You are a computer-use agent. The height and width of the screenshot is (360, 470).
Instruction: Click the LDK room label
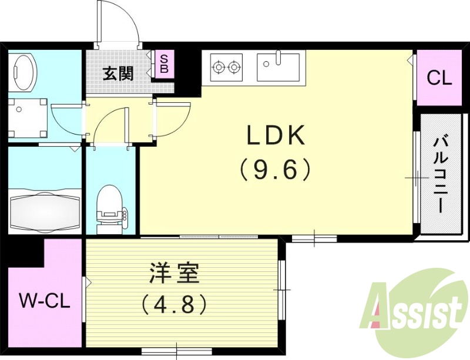(276, 136)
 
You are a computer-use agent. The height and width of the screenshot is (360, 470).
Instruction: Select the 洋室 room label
(174, 273)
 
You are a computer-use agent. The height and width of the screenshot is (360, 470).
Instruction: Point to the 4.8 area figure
(174, 304)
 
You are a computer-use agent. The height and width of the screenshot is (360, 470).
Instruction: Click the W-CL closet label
(45, 301)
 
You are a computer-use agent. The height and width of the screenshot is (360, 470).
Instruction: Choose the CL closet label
(439, 79)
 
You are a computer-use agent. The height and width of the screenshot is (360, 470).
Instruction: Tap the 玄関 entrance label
(118, 73)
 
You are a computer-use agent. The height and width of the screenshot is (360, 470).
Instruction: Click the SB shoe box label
(164, 64)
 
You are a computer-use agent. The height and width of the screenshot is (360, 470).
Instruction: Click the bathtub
(45, 210)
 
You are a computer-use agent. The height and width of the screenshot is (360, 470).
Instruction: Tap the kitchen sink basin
(278, 67)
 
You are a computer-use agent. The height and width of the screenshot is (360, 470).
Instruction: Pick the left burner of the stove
(219, 66)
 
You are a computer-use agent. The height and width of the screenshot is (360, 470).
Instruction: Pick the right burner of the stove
(233, 66)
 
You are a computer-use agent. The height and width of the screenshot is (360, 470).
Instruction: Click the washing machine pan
(28, 118)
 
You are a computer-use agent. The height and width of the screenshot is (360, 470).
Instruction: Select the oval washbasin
(25, 72)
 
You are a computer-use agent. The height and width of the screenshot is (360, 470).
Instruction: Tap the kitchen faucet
(278, 58)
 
